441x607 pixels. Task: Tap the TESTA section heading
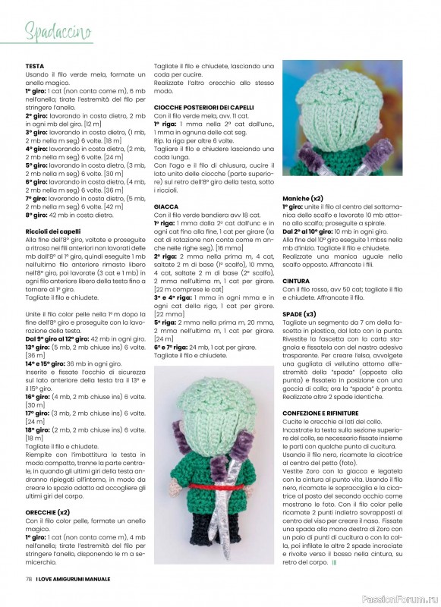pos(35,66)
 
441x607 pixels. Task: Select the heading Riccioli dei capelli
pos(53,231)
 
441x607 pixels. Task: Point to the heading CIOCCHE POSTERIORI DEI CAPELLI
pos(203,108)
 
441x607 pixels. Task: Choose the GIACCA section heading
pos(166,206)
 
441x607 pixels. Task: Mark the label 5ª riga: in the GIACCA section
pos(166,322)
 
